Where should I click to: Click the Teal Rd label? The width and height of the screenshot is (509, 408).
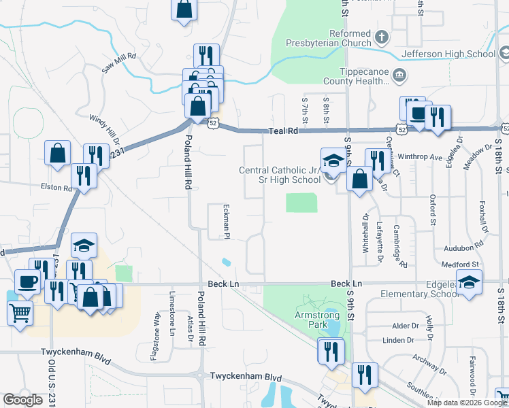284,130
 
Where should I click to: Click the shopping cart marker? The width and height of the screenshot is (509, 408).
20,313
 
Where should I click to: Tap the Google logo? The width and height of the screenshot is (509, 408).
22,399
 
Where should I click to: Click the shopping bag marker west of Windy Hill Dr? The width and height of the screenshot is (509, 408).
57,152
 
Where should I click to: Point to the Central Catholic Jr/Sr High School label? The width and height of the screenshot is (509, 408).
280,175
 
